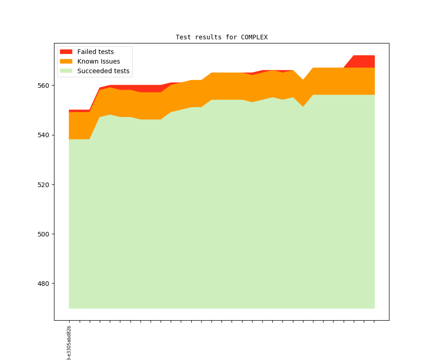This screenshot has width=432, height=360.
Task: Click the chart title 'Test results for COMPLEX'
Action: pos(221,37)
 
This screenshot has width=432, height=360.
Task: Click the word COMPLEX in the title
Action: pos(254,37)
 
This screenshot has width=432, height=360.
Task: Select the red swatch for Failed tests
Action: pos(66,52)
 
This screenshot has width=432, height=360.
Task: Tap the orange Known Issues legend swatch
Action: pos(66,61)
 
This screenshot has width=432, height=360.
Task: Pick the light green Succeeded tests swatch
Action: pos(66,71)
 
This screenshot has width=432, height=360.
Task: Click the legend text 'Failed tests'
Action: pos(95,52)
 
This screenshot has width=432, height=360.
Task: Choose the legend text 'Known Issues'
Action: pos(98,61)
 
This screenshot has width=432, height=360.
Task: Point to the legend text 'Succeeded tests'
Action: pos(103,71)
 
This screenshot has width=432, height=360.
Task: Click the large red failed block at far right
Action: pos(364,61)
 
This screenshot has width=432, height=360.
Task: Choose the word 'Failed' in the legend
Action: pos(86,52)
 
